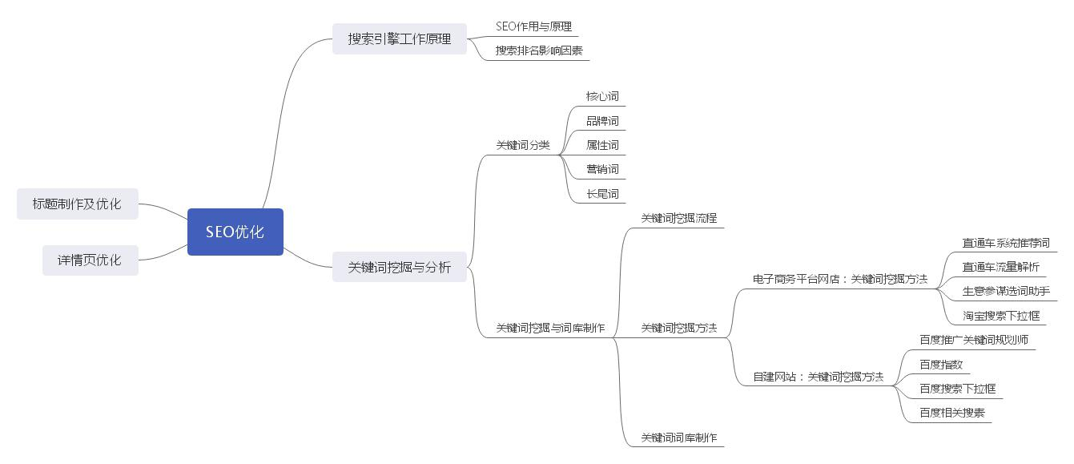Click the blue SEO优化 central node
pos(235,232)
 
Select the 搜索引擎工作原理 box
pos(399,38)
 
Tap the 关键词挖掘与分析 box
pos(399,267)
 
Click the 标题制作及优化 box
pos(77,204)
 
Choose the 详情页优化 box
pos(90,260)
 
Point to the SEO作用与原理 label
pos(533,26)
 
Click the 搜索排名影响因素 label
pos(538,50)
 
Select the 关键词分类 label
pos(523,145)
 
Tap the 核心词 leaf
pos(602,96)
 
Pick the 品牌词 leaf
pos(602,121)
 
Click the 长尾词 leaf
pos(602,194)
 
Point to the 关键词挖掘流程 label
pos(678,218)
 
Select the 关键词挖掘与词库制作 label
pos(550,328)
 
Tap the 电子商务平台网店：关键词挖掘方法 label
pos(839,279)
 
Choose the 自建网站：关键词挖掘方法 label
pos(818,377)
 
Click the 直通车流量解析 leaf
pos(1000,267)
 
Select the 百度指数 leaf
pos(940,365)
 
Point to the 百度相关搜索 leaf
pos(951,414)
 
